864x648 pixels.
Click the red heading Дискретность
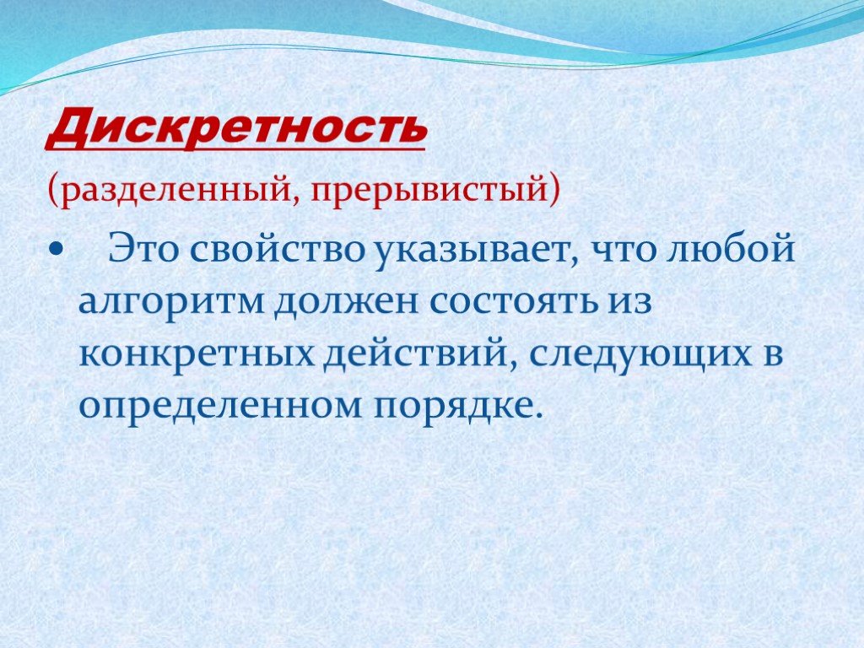click(237, 129)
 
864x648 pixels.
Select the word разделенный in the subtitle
click(178, 190)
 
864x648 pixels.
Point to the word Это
click(143, 249)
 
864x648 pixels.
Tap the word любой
click(732, 248)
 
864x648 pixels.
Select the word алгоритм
click(172, 304)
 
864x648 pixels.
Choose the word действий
click(420, 354)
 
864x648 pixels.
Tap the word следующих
click(640, 355)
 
